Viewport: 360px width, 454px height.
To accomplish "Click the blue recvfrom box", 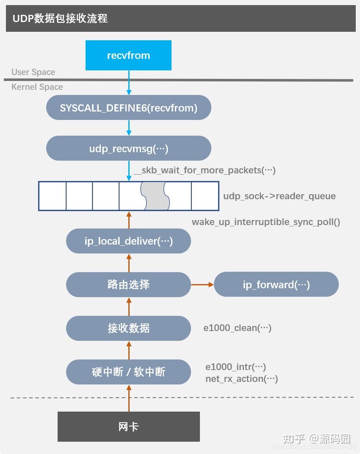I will point(128,55).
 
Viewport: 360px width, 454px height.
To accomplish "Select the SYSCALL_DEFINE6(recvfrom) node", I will point(128,108).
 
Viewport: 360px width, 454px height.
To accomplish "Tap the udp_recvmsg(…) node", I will point(128,148).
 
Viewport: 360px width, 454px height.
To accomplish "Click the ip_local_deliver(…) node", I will point(128,241).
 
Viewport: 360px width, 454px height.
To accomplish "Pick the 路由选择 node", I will point(128,284).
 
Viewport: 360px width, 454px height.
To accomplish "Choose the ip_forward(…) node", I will point(276,284).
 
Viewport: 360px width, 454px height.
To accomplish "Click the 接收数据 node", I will point(128,328).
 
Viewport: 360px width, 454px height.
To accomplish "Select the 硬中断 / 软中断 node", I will point(128,372).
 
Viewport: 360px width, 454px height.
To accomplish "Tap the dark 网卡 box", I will point(128,426).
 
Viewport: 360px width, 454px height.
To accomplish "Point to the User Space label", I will point(33,72).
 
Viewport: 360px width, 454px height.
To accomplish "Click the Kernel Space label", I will point(37,87).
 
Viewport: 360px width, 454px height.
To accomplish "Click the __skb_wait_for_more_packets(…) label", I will point(205,170).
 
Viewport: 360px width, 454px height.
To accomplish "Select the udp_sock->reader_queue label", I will point(280,196).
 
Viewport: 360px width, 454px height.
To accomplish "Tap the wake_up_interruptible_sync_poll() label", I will point(266,222).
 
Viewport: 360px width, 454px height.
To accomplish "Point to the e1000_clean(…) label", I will point(237,328).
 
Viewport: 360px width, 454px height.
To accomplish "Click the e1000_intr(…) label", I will point(235,367).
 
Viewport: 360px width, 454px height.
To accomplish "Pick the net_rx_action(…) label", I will point(241,379).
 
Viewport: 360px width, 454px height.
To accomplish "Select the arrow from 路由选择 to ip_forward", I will point(202,284).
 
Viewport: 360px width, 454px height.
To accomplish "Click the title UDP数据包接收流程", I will point(60,19).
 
